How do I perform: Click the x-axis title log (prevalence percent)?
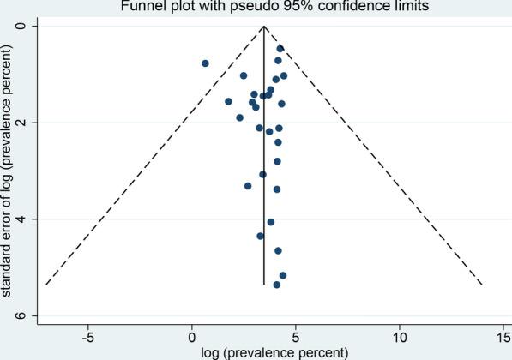coord(274,352)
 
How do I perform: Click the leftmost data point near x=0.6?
coord(205,63)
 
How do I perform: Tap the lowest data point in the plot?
coord(276,285)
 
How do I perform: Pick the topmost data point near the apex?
coord(280,48)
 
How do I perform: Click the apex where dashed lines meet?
coord(264,27)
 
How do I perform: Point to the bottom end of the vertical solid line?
coord(264,284)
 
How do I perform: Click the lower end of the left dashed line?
coord(46,284)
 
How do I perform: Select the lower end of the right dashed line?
coord(482,284)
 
